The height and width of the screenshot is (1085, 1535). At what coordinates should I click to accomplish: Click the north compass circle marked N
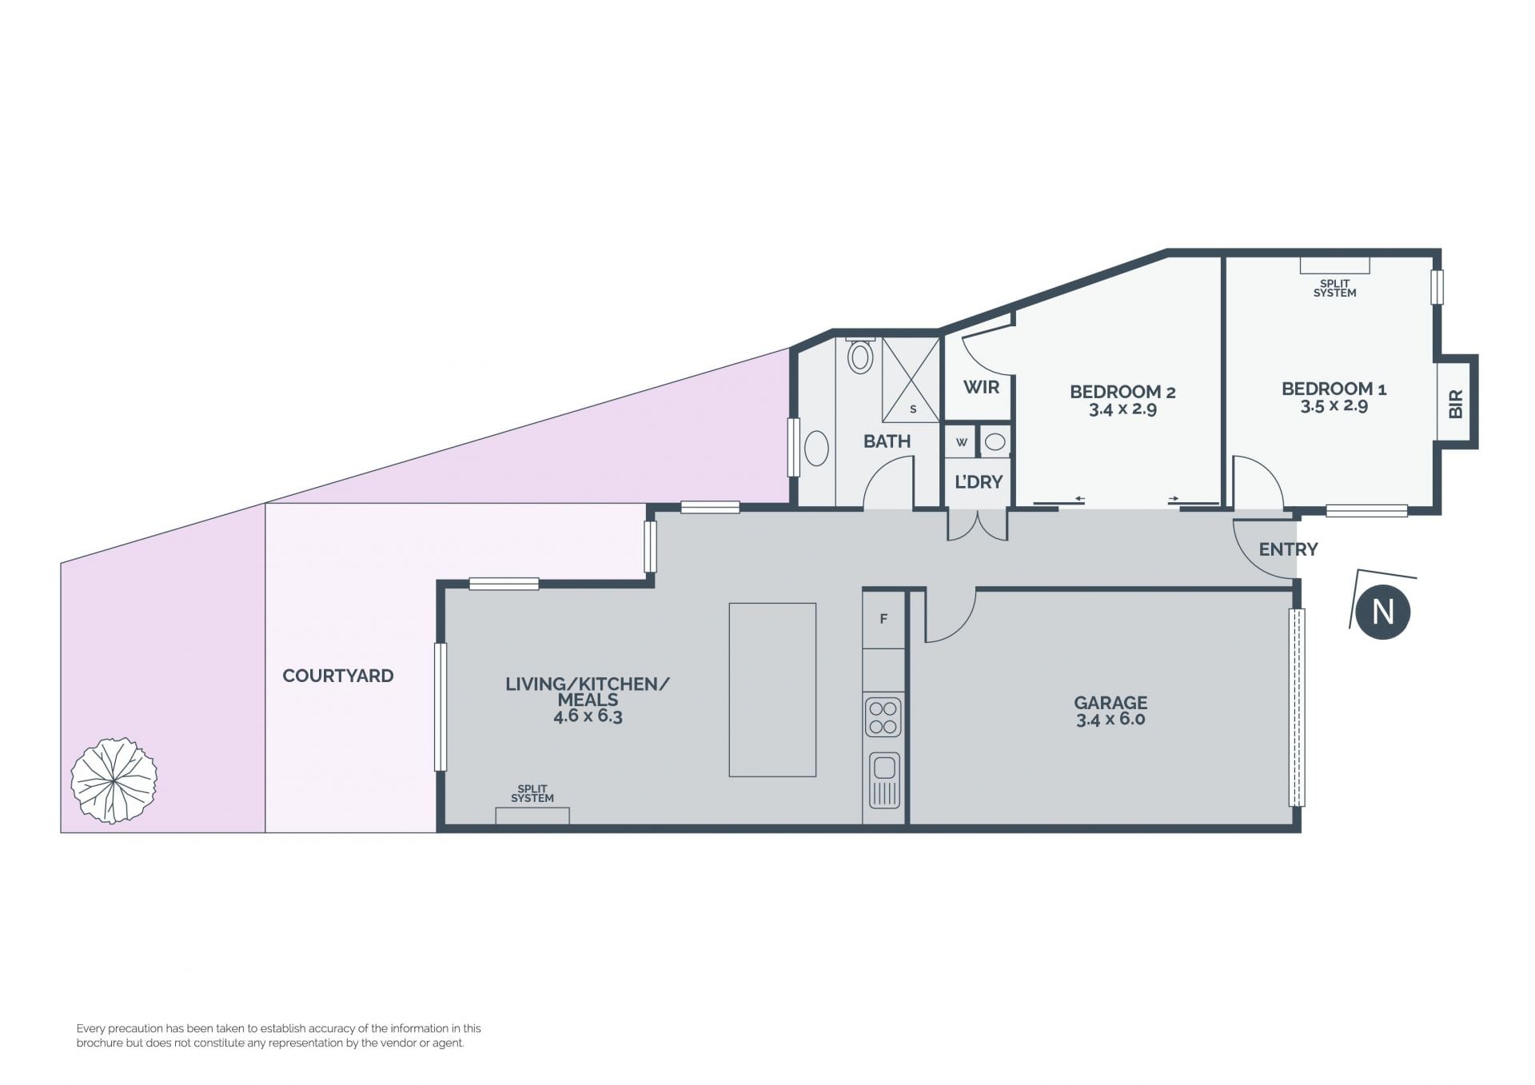pyautogui.click(x=1382, y=612)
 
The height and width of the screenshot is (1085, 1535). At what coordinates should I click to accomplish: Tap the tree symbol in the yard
pyautogui.click(x=114, y=780)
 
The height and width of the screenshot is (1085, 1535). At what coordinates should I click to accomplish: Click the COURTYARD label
pyautogui.click(x=338, y=676)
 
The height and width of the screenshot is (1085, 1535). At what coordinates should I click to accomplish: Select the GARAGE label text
pyautogui.click(x=1110, y=702)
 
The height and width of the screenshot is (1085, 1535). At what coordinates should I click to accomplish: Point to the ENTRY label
pyautogui.click(x=1288, y=549)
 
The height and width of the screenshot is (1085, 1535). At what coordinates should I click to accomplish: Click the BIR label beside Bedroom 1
pyautogui.click(x=1456, y=404)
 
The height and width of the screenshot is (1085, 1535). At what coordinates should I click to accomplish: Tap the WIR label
pyautogui.click(x=981, y=387)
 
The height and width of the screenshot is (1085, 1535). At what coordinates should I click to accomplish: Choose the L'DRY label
pyautogui.click(x=979, y=481)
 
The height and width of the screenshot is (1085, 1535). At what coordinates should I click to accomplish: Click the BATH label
pyautogui.click(x=887, y=441)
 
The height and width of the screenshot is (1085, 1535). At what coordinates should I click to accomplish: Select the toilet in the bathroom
pyautogui.click(x=860, y=355)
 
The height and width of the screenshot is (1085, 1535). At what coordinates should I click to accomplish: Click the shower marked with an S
pyautogui.click(x=911, y=380)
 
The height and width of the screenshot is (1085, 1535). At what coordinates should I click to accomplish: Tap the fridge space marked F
pyautogui.click(x=883, y=619)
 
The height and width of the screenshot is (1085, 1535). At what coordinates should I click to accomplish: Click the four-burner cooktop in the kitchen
pyautogui.click(x=883, y=717)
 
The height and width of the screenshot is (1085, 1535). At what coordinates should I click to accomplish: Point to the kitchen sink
pyautogui.click(x=883, y=780)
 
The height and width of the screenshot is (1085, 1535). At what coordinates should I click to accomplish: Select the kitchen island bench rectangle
pyautogui.click(x=772, y=689)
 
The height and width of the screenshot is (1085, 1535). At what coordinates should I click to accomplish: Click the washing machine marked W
pyautogui.click(x=961, y=441)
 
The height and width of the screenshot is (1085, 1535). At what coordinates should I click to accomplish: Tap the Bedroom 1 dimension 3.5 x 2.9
pyautogui.click(x=1334, y=406)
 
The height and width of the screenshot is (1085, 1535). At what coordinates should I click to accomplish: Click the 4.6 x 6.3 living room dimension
pyautogui.click(x=588, y=716)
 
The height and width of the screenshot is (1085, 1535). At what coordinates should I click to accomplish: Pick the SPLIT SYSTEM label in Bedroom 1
pyautogui.click(x=1334, y=289)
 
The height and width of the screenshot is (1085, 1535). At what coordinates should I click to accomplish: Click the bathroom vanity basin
pyautogui.click(x=816, y=449)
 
